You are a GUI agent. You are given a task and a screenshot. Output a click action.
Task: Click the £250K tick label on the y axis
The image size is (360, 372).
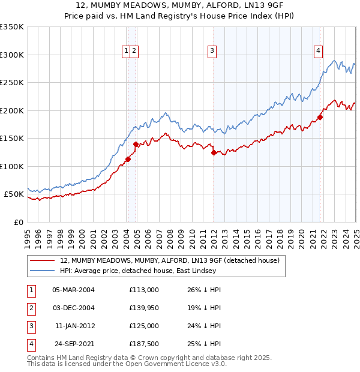[x=12, y=83]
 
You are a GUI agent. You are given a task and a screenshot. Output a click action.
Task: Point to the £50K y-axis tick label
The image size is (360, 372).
[x=14, y=194]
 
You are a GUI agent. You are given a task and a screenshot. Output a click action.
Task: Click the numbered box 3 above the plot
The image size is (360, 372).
[x=212, y=52]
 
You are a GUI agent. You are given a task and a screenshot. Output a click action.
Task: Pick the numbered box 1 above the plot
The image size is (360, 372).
[x=127, y=52]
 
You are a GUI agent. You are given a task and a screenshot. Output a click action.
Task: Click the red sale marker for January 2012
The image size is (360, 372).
[x=214, y=152]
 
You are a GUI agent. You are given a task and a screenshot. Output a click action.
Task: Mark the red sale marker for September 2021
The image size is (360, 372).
[x=320, y=118]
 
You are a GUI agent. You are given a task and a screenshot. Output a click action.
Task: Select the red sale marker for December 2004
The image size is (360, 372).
[x=136, y=144]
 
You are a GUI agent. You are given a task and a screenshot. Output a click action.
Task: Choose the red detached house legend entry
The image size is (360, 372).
[x=169, y=260]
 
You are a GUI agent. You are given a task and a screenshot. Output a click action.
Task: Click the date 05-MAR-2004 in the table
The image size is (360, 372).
[x=73, y=290]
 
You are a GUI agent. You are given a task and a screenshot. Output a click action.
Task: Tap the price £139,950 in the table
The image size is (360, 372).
[x=143, y=308]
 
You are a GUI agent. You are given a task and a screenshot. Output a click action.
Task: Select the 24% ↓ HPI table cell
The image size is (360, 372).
[x=200, y=326]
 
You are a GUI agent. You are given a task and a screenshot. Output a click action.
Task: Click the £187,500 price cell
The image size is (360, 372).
[x=143, y=344]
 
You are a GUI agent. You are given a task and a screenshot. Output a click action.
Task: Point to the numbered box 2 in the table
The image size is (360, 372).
[x=31, y=308]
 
